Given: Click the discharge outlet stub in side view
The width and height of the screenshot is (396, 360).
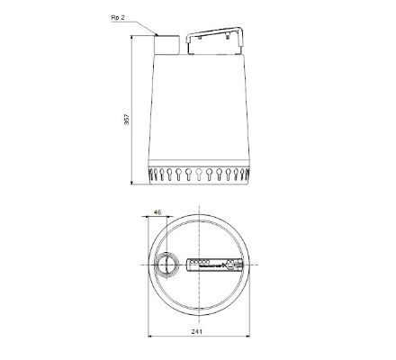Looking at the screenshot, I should click(x=167, y=42).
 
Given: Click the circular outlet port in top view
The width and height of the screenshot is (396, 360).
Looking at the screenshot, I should click(x=166, y=267).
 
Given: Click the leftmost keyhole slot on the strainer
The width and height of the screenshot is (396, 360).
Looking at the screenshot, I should click(x=153, y=173).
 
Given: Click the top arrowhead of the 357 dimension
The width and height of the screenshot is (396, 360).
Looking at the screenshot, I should click(x=134, y=37).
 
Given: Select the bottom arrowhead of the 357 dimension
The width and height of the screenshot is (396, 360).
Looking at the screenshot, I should click(x=134, y=183).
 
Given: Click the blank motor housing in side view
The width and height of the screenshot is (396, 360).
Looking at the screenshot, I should click(x=198, y=108).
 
